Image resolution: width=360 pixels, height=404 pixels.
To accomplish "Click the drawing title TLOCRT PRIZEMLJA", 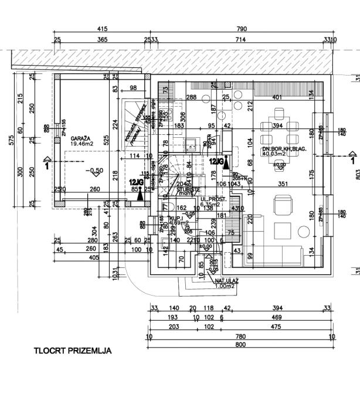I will click(73, 351).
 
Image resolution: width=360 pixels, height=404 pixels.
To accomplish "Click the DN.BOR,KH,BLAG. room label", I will click(284, 150).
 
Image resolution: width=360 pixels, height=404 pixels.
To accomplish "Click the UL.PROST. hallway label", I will click(212, 199).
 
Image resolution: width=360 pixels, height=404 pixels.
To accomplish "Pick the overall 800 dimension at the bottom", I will click(240, 345).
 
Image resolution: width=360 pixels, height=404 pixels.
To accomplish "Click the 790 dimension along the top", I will click(240, 29).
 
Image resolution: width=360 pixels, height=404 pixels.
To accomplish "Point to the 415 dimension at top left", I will click(102, 29).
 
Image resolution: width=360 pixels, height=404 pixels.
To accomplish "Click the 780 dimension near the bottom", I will click(240, 336).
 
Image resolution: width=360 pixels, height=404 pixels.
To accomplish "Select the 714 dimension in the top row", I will click(240, 39).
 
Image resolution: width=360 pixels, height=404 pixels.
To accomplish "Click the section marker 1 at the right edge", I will click(352, 158).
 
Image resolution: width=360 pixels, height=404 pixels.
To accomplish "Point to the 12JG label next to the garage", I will click(136, 182).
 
